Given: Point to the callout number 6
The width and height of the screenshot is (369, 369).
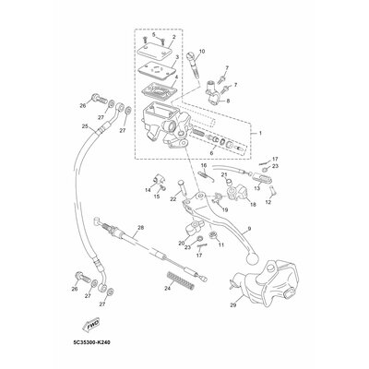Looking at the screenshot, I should pyautogui.click(x=211, y=152).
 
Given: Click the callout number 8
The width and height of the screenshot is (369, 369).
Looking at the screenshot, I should pyautogui.click(x=228, y=100).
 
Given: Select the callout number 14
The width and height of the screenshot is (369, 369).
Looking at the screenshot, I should pyautogui.click(x=146, y=189).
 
